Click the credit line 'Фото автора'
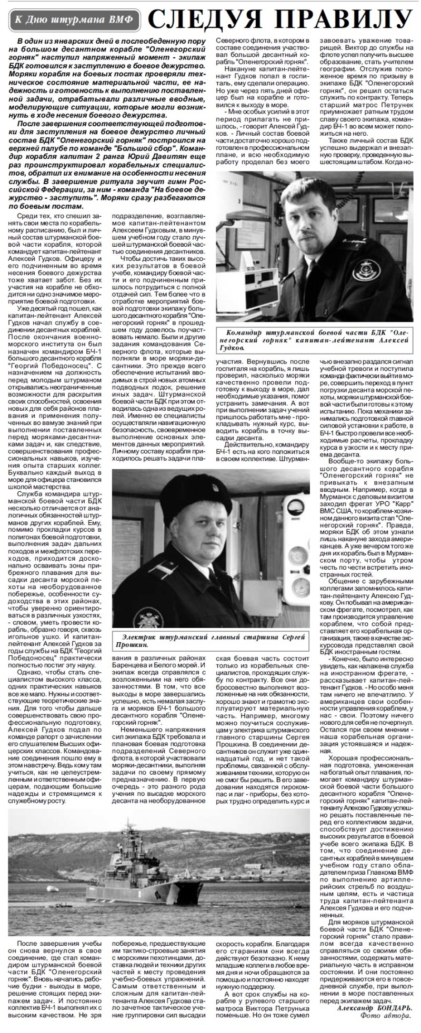386,1015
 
